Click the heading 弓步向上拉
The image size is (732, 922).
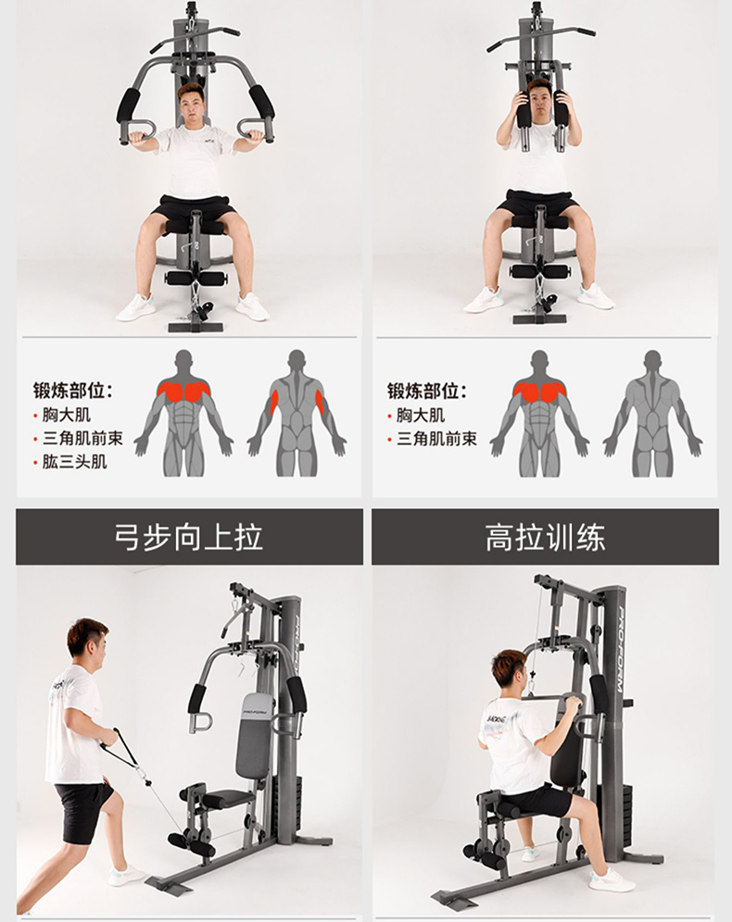(188, 538)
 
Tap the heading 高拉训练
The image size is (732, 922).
(545, 538)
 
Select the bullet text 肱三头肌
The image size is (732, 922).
(75, 462)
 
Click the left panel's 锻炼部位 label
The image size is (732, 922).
(73, 391)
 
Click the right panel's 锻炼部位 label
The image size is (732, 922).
(427, 391)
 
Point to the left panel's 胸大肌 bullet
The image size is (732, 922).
(67, 415)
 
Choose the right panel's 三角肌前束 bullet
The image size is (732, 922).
(436, 439)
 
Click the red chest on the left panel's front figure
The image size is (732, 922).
(184, 390)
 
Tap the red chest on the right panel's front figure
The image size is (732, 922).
(539, 390)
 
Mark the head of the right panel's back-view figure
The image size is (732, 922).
(652, 360)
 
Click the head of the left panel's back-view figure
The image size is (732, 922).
(297, 360)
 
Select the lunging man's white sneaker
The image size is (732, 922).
(125, 876)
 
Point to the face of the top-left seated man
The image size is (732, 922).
(193, 105)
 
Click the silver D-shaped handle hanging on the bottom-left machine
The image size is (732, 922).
(199, 722)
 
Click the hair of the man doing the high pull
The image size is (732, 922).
(507, 665)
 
